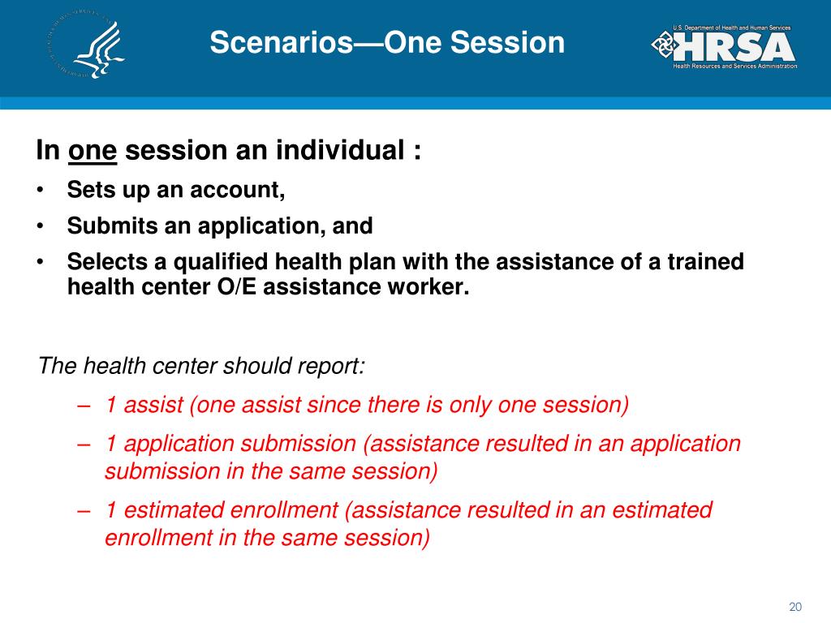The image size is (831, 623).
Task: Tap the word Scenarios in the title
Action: coord(282,42)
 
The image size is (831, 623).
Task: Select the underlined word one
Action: coord(93,150)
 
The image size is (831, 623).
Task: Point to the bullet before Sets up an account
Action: coord(40,190)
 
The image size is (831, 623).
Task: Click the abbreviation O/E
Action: coord(237,286)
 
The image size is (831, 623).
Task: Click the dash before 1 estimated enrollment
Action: coord(83,512)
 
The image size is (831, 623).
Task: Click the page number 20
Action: coord(795,607)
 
